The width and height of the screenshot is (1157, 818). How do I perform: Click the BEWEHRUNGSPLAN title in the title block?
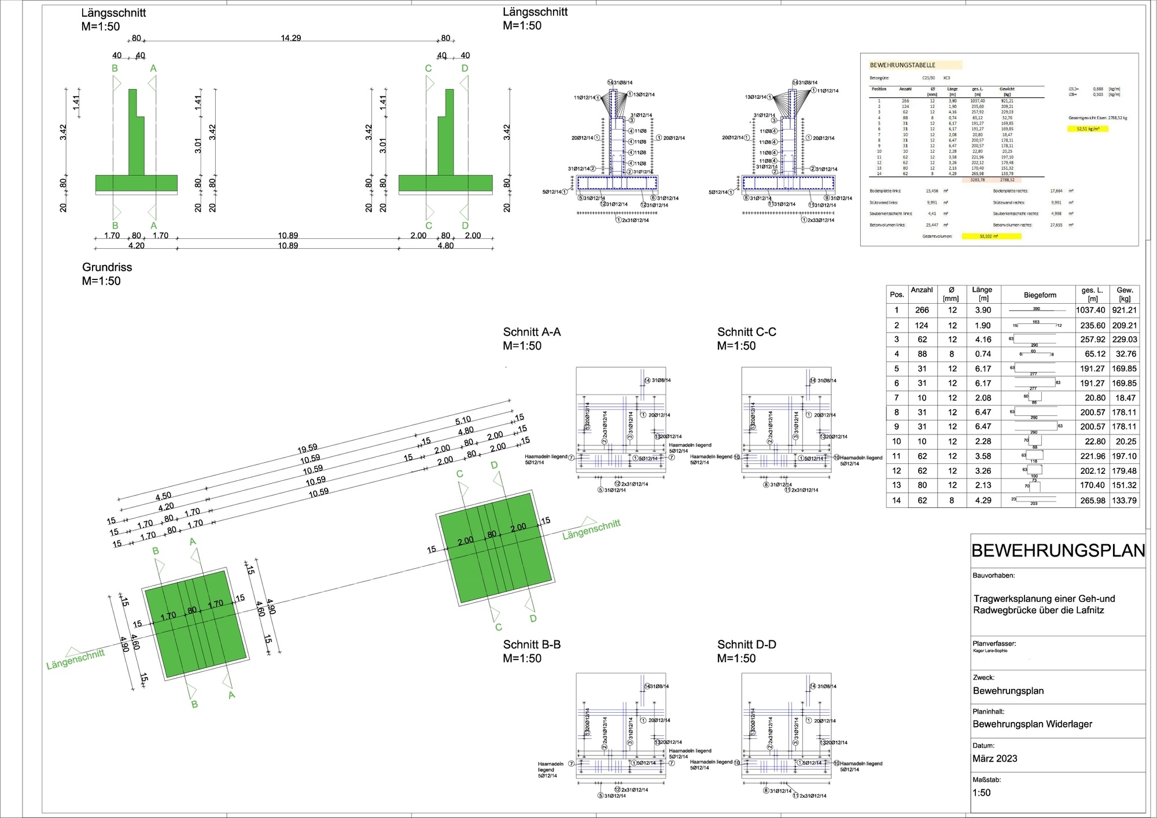pyautogui.click(x=1057, y=550)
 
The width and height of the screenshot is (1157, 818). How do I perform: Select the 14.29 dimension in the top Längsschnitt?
pyautogui.click(x=291, y=38)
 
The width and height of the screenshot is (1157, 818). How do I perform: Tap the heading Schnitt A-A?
pyautogui.click(x=532, y=332)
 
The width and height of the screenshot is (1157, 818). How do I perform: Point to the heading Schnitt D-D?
pyautogui.click(x=746, y=644)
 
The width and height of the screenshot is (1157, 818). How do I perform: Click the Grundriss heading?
pyautogui.click(x=107, y=267)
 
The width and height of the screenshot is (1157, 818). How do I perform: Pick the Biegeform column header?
pyautogui.click(x=1040, y=295)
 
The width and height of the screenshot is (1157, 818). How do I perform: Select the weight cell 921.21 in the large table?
pyautogui.click(x=1124, y=310)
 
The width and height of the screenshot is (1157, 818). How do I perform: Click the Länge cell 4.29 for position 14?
pyautogui.click(x=983, y=500)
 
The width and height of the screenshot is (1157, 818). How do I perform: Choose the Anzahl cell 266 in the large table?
pyautogui.click(x=922, y=310)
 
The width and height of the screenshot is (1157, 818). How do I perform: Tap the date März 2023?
pyautogui.click(x=994, y=758)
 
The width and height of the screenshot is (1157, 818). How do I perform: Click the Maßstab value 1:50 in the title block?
pyautogui.click(x=982, y=793)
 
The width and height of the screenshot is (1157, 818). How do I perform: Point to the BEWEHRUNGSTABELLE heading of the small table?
pyautogui.click(x=902, y=65)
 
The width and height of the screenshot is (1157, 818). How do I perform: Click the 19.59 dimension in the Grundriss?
pyautogui.click(x=307, y=448)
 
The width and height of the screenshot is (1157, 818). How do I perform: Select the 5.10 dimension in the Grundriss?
pyautogui.click(x=463, y=421)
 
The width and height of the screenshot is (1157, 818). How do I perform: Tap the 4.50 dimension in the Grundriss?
pyautogui.click(x=163, y=496)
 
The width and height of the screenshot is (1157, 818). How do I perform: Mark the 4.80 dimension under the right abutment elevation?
pyautogui.click(x=445, y=246)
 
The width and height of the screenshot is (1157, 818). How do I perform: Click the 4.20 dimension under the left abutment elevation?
pyautogui.click(x=136, y=246)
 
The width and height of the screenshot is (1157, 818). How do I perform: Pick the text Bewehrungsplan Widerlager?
pyautogui.click(x=1032, y=724)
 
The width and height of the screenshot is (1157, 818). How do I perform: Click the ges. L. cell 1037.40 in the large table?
pyautogui.click(x=1090, y=310)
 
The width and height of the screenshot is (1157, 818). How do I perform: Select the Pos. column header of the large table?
pyautogui.click(x=897, y=294)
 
